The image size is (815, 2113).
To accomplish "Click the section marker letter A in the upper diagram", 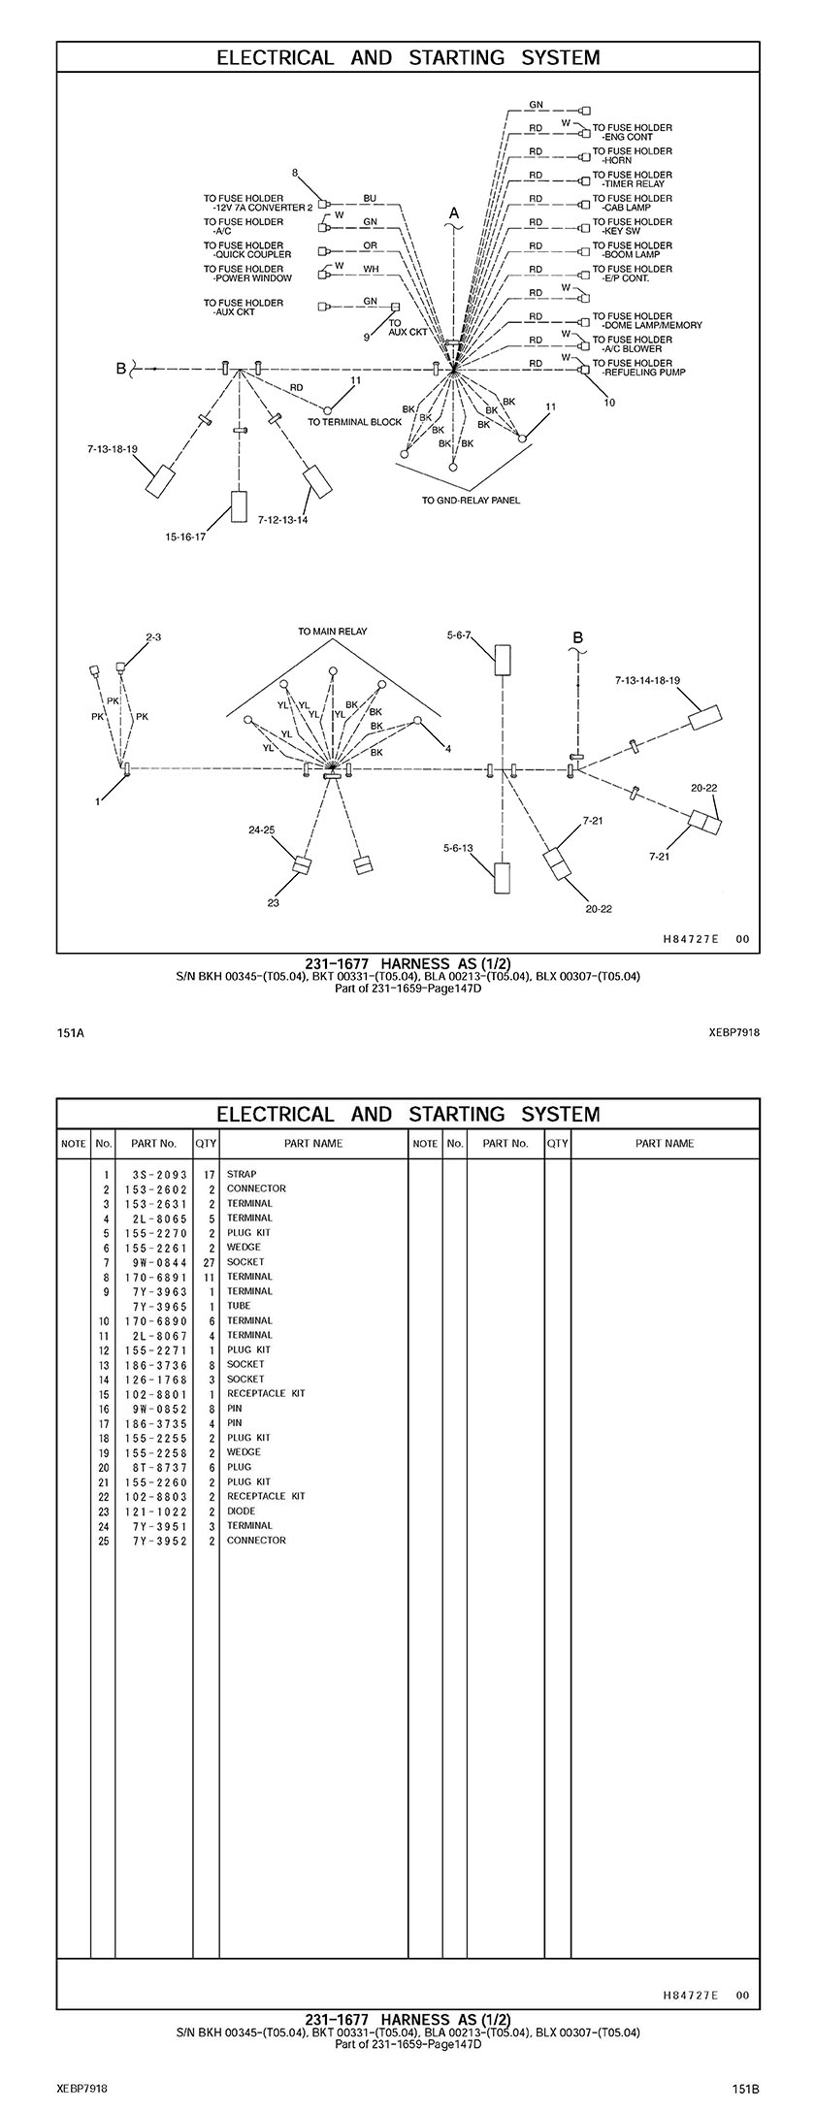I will pyautogui.click(x=453, y=212).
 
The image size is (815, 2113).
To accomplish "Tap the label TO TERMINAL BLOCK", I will pyautogui.click(x=354, y=422).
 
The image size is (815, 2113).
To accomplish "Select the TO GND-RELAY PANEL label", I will pyautogui.click(x=471, y=501).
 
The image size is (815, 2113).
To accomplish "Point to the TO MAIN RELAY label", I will pyautogui.click(x=333, y=632).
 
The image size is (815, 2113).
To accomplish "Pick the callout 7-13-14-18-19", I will pyautogui.click(x=647, y=682).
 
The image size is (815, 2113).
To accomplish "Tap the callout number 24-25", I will pyautogui.click(x=261, y=829).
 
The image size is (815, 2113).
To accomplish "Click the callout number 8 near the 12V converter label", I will pyautogui.click(x=295, y=174).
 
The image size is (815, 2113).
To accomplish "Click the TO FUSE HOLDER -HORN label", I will pyautogui.click(x=632, y=155).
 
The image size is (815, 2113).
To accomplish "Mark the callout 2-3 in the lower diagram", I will pyautogui.click(x=153, y=637).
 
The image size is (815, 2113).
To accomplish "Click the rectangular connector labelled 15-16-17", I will pyautogui.click(x=239, y=506).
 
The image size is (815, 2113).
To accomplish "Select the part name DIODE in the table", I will pyautogui.click(x=242, y=1511).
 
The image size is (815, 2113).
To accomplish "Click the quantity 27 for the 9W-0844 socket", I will pyautogui.click(x=208, y=1262).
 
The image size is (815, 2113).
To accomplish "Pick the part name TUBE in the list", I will pyautogui.click(x=240, y=1306).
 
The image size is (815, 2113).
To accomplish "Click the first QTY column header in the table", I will pyautogui.click(x=206, y=1143).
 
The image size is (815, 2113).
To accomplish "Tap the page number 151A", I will pyautogui.click(x=71, y=1032).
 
